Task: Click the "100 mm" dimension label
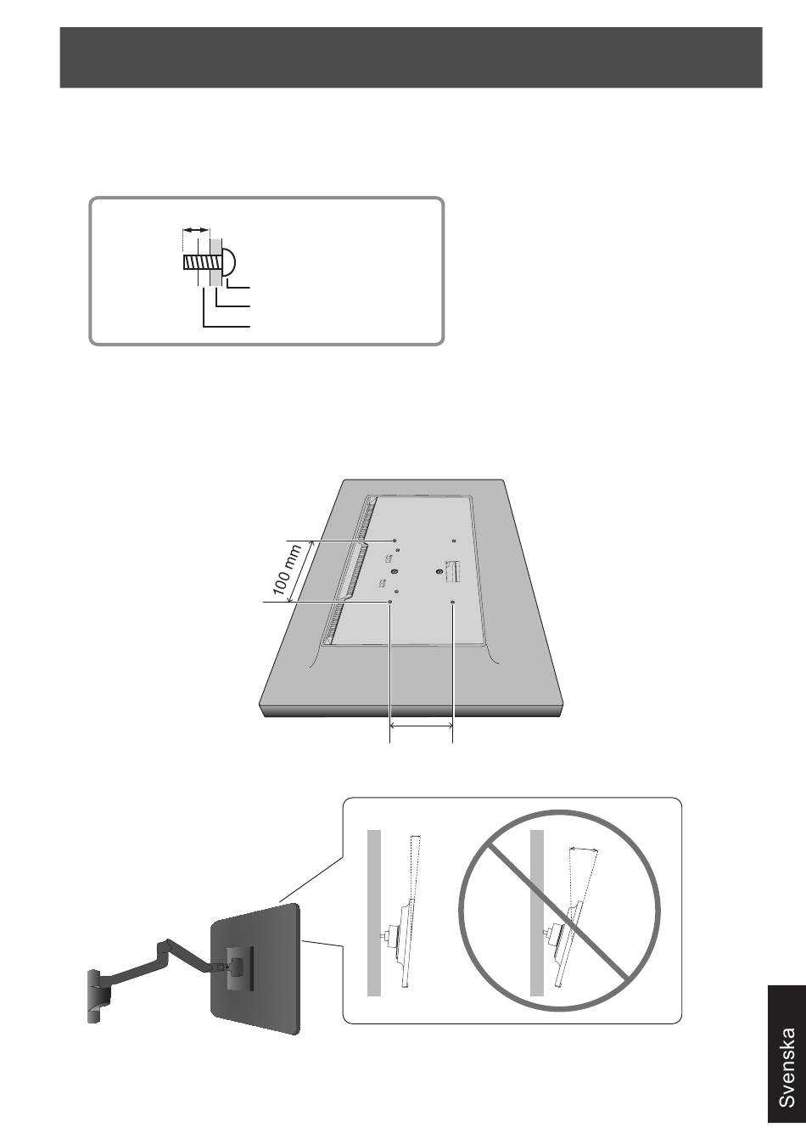click(x=287, y=570)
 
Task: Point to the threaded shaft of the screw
click(x=201, y=264)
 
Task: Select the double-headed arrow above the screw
click(x=196, y=231)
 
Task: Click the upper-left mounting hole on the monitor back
click(x=395, y=541)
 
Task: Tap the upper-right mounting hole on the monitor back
click(x=454, y=541)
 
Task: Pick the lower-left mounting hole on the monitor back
click(x=390, y=603)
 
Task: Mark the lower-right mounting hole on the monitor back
click(x=453, y=603)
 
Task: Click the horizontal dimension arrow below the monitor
click(x=422, y=725)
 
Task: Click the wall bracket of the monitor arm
click(x=99, y=995)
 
